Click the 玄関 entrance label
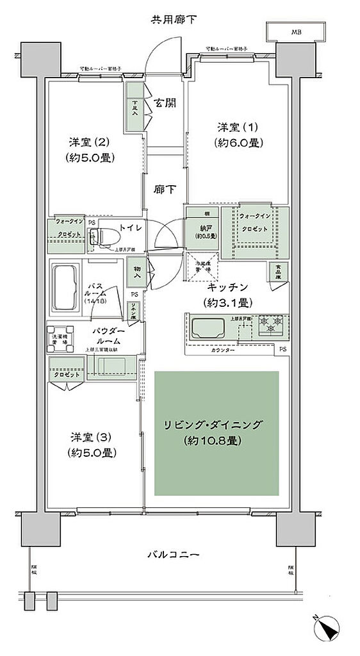[x=165, y=102]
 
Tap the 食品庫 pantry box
[x=278, y=272]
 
